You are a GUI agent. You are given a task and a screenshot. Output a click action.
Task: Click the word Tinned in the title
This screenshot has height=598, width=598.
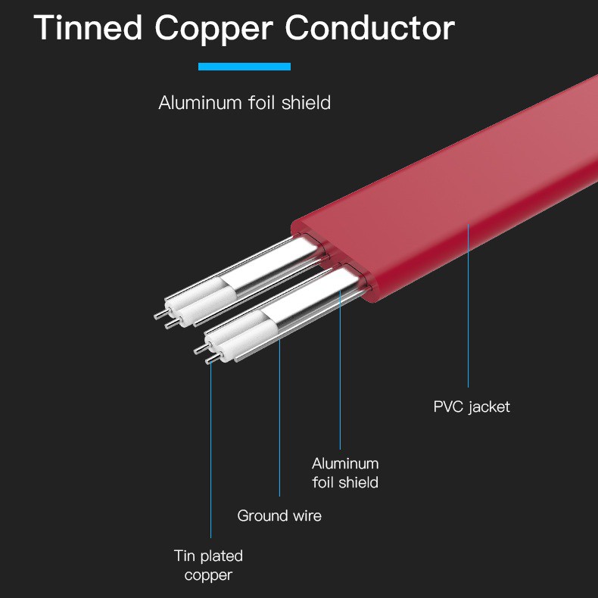(88, 27)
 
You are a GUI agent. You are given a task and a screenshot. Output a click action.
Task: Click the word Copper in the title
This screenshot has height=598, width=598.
(214, 30)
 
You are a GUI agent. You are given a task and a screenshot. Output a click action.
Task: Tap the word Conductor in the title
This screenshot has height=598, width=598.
(370, 27)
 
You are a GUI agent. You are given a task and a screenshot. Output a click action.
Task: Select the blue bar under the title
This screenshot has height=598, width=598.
(244, 67)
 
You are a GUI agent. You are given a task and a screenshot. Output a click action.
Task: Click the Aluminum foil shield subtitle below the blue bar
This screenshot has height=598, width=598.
(244, 103)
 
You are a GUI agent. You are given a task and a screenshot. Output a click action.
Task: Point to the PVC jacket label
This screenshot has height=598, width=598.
(472, 407)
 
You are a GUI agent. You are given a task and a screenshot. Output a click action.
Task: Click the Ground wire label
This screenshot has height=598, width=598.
(279, 515)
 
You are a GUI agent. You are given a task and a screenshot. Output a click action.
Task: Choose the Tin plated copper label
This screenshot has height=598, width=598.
(208, 565)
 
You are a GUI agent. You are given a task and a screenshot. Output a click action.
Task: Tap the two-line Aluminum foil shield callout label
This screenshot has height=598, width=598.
(345, 473)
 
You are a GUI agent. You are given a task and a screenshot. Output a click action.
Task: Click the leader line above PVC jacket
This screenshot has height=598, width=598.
(469, 306)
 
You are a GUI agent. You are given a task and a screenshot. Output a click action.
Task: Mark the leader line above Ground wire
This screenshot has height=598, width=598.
(279, 418)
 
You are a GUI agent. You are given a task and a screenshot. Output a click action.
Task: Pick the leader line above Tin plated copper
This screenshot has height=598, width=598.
(210, 450)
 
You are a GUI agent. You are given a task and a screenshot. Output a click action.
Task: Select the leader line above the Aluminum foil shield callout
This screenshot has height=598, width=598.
(340, 370)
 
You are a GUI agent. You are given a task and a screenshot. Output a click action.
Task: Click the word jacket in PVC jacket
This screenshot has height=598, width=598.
(489, 407)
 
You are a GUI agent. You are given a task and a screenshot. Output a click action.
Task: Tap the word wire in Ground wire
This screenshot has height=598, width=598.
(307, 515)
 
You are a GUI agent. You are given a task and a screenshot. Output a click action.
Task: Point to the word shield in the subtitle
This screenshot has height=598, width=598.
(306, 103)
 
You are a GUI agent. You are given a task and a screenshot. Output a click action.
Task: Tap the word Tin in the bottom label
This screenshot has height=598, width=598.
(185, 556)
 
